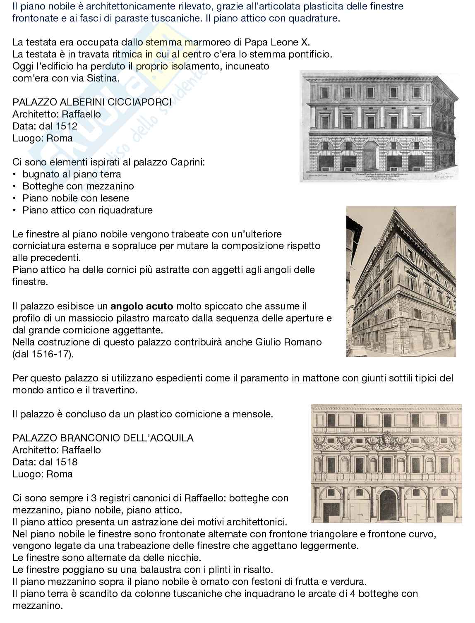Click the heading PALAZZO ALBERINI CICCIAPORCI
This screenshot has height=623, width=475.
point(92,102)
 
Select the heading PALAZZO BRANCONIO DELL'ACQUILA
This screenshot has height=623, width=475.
point(103,438)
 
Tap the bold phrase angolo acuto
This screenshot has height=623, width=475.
point(142,307)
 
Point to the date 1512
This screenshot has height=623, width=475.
point(67,126)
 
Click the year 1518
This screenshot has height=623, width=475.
point(67,462)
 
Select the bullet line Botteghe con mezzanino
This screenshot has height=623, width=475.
point(78,186)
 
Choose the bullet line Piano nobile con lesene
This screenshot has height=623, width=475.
point(76,198)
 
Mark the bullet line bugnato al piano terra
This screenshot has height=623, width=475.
point(72,174)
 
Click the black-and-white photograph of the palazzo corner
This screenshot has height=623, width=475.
point(401,281)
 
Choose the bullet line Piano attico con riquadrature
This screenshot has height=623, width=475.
point(87,210)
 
